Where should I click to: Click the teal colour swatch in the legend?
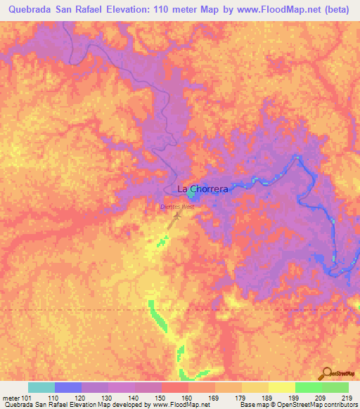41,387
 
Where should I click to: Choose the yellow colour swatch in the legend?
281,387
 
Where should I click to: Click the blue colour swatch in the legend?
68,387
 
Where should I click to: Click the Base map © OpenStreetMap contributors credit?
296,404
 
